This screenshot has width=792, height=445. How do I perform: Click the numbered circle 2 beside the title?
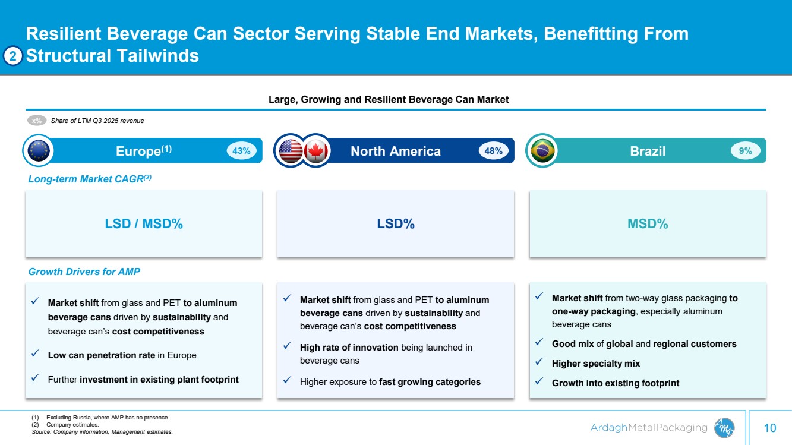click(x=14, y=56)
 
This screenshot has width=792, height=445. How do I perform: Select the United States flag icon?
click(x=291, y=151)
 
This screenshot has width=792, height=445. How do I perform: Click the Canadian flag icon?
click(x=316, y=151)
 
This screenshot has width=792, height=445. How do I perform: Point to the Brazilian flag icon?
click(x=542, y=151)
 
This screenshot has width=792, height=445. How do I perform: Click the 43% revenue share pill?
click(x=241, y=151)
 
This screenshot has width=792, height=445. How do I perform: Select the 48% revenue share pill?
click(x=494, y=151)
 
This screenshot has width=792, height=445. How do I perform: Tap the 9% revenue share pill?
click(x=745, y=151)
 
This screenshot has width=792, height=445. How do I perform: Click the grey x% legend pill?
click(x=37, y=121)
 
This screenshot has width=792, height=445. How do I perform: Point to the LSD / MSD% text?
click(x=144, y=224)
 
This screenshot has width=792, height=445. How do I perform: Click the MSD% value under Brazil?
click(x=648, y=224)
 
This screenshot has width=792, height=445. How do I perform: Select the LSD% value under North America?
click(x=396, y=224)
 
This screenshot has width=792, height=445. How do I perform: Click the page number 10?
click(x=770, y=428)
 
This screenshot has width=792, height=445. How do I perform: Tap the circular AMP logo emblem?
click(x=724, y=427)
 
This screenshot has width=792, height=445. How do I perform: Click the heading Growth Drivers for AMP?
click(x=84, y=272)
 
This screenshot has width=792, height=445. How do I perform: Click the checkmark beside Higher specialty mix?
click(x=538, y=362)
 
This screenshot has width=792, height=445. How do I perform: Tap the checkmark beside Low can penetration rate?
click(x=35, y=355)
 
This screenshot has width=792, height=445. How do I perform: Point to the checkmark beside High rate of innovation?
click(x=287, y=346)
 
